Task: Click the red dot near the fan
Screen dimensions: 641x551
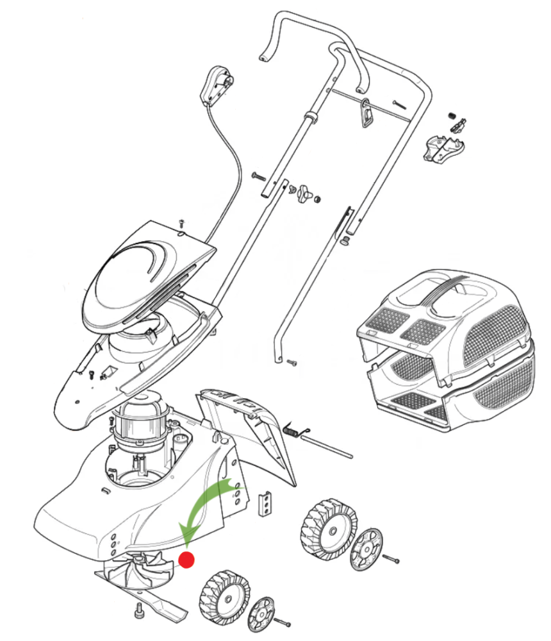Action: (x=186, y=560)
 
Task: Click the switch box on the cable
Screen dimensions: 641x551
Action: (x=215, y=86)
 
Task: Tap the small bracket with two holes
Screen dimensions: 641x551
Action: (x=264, y=503)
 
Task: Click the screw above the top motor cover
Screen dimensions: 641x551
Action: (x=182, y=222)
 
